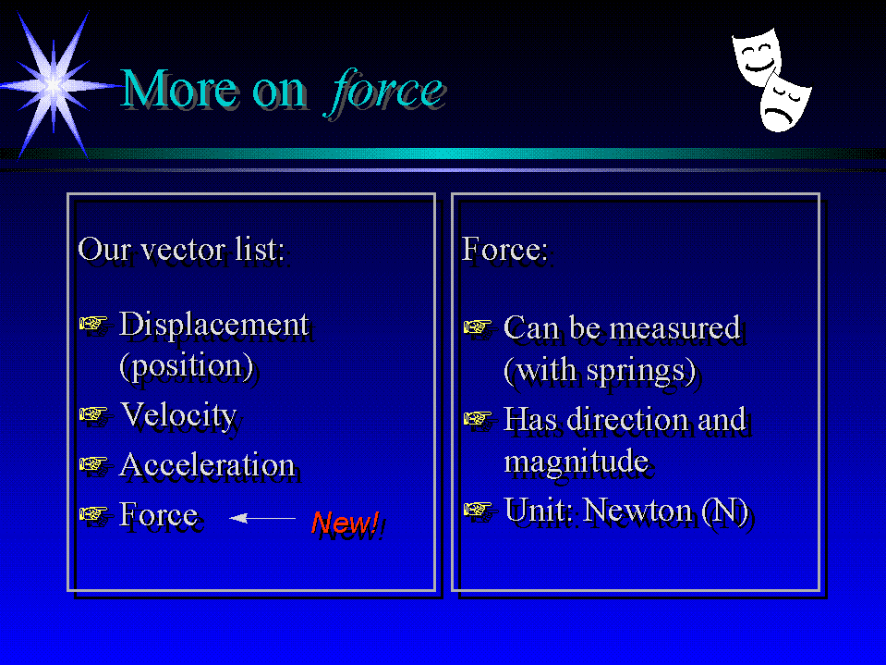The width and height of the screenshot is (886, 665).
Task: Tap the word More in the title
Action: [x=178, y=90]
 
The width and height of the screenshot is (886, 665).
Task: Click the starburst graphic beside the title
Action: [x=55, y=86]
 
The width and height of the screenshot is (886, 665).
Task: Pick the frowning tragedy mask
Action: [x=785, y=102]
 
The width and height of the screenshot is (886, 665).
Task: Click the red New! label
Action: [x=346, y=523]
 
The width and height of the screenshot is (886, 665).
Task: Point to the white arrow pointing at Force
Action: [x=262, y=517]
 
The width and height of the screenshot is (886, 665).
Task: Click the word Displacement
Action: [x=213, y=325]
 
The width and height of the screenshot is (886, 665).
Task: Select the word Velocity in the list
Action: [x=178, y=415]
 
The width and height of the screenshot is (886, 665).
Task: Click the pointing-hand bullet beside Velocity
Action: [x=93, y=414]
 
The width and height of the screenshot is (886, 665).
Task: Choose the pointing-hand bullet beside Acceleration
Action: [x=93, y=463]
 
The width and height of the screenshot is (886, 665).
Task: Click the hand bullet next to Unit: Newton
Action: [x=478, y=509]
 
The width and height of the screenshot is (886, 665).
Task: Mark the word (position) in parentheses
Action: [x=187, y=366]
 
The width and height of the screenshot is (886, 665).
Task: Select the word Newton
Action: [x=637, y=510]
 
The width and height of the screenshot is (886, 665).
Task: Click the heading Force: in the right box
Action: [x=504, y=250]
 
